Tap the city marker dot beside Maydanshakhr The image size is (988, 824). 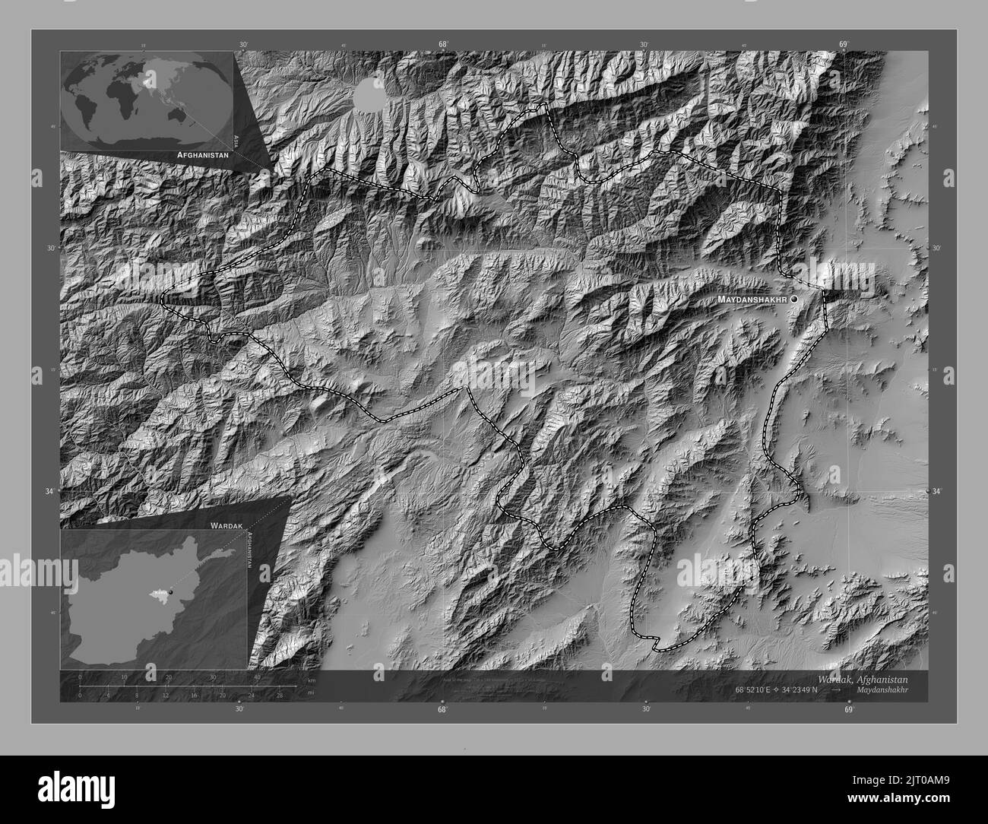[x=794, y=300]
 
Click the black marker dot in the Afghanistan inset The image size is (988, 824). [x=171, y=591]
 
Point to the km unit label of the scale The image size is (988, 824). [x=311, y=680]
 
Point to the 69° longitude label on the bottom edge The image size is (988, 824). [x=848, y=709]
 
